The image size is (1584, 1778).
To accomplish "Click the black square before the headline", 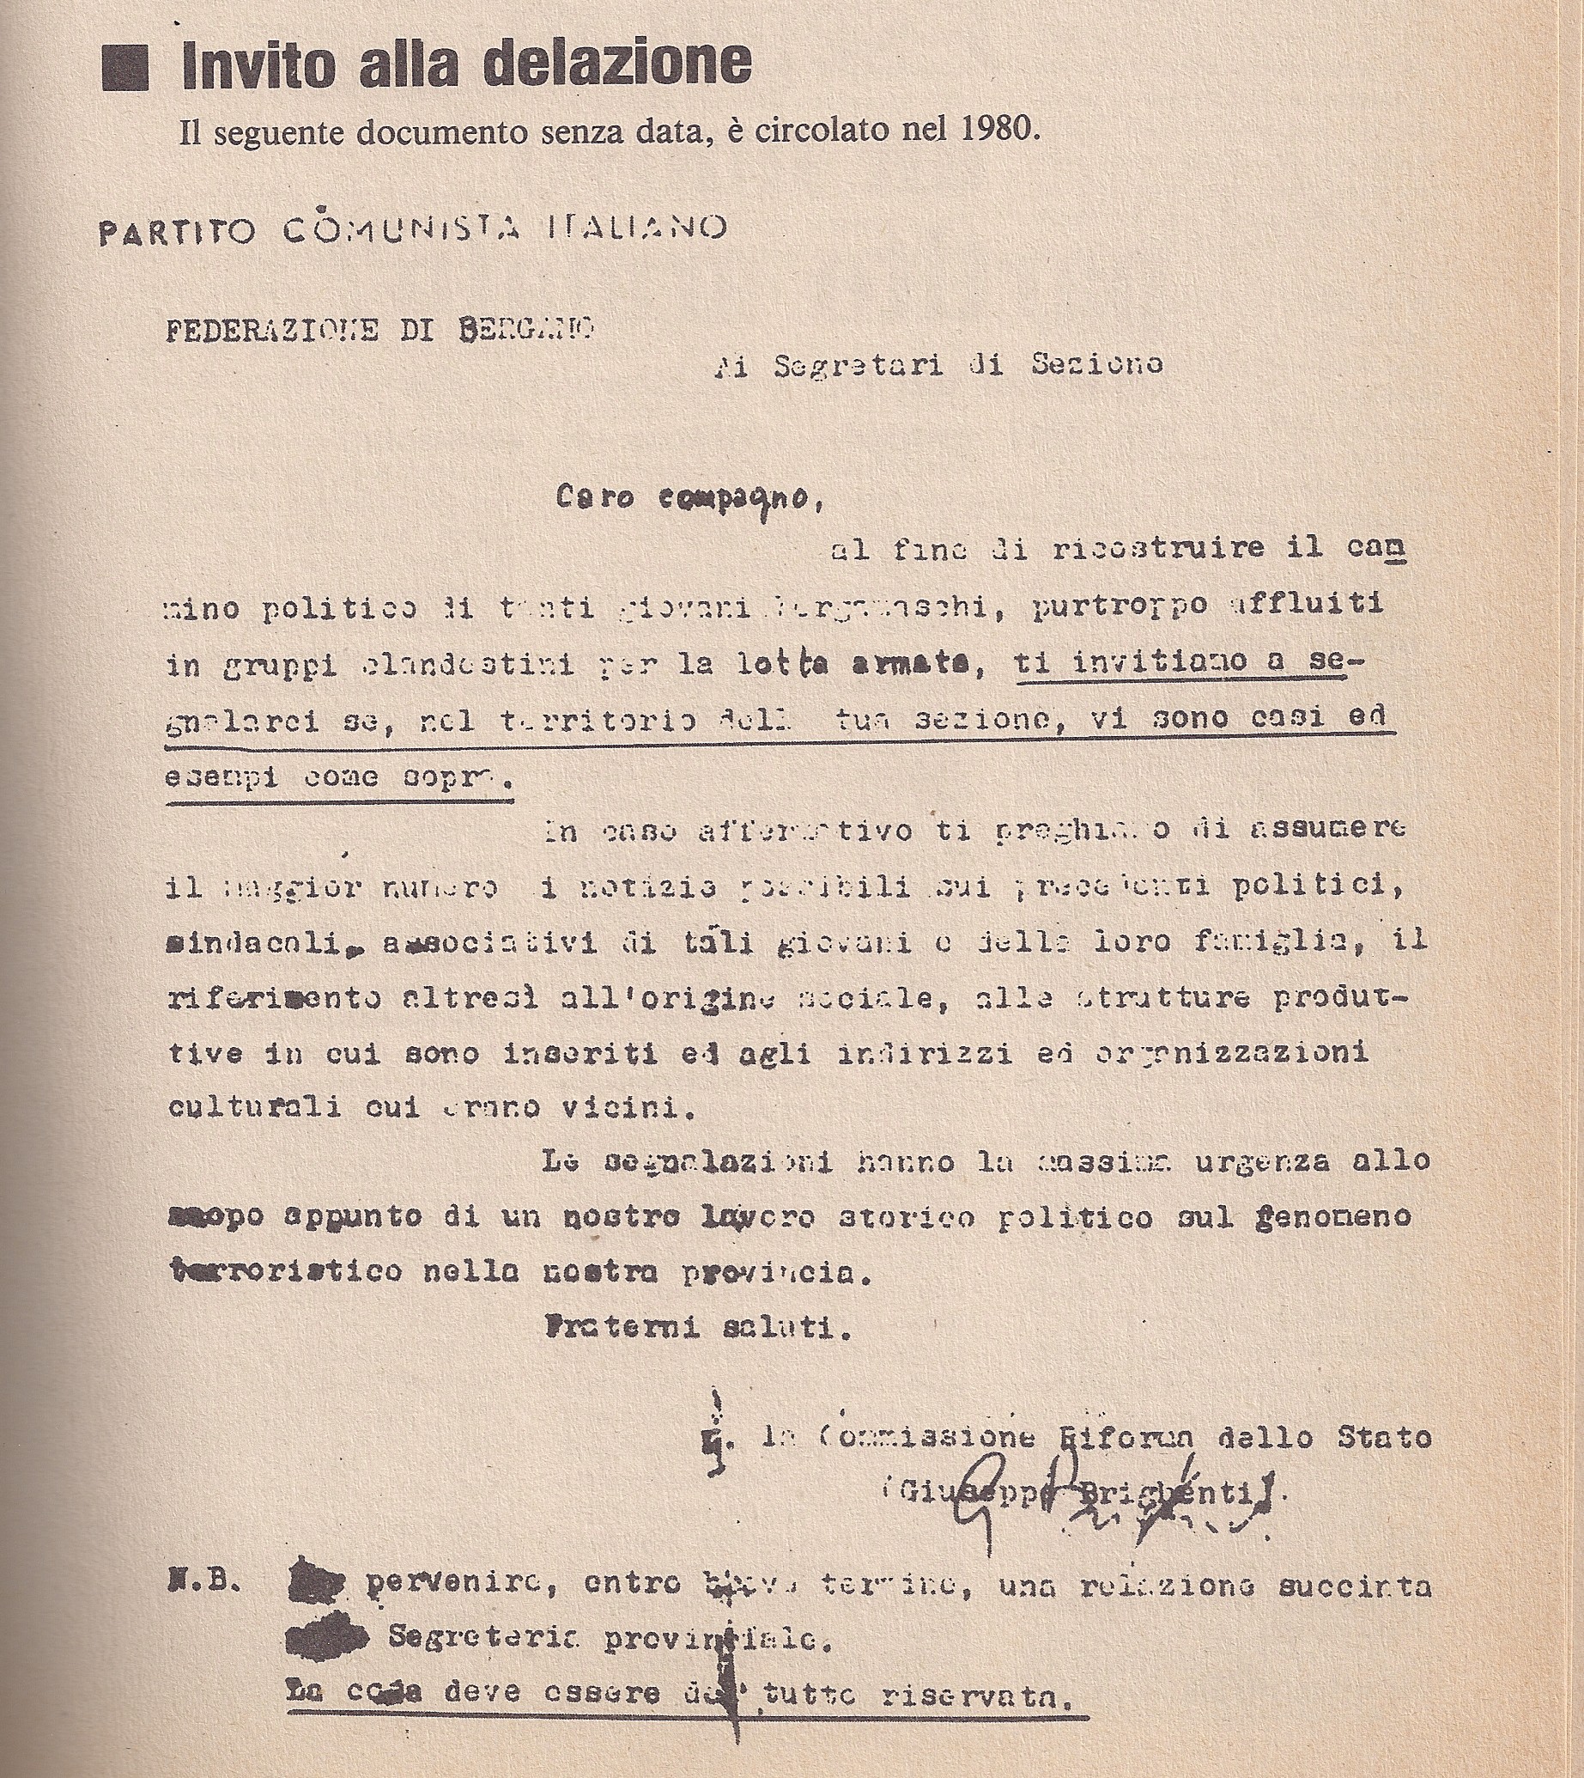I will pos(125,66).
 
